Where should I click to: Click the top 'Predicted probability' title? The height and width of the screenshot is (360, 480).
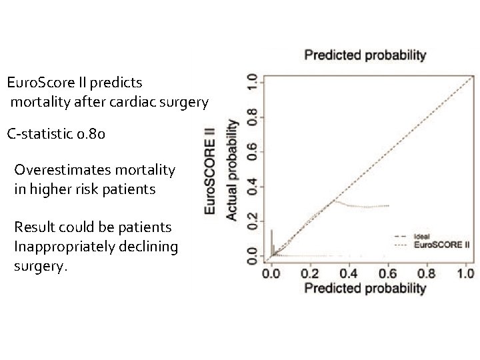365,55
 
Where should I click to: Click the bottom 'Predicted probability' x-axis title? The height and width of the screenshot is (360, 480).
365,288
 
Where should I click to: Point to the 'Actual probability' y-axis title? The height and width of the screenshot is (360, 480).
232,169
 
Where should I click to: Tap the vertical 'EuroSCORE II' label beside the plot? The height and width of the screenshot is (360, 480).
210,169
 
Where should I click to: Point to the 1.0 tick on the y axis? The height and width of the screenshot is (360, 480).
251,83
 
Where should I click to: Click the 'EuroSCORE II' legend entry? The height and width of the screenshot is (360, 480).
442,245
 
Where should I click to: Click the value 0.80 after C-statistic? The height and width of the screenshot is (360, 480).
90,135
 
